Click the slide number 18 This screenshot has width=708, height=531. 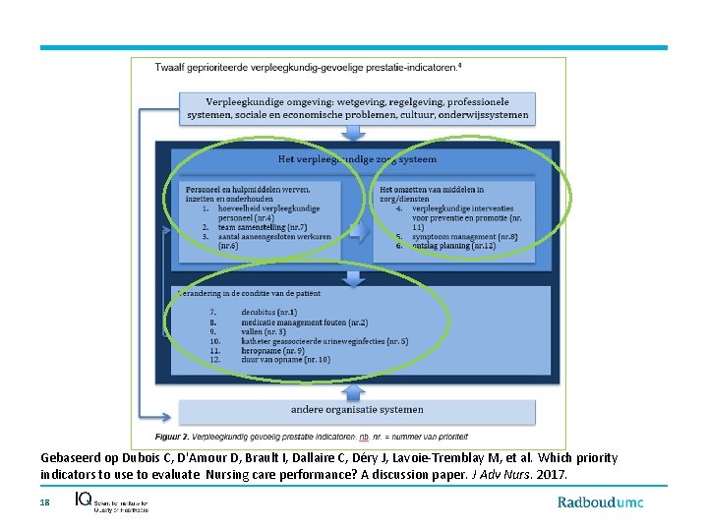coord(44,502)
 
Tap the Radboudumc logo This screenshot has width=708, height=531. coord(600,502)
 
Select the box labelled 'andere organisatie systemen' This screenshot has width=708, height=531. coord(357,409)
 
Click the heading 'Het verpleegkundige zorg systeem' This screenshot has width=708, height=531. coord(357,158)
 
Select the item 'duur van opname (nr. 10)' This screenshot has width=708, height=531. coord(284,360)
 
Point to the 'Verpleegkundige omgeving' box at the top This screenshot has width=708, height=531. coord(357,107)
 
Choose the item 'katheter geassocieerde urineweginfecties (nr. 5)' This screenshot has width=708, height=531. coord(324,341)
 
